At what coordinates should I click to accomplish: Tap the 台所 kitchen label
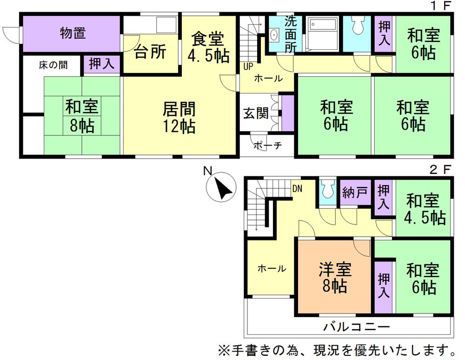pyautogui.click(x=150, y=52)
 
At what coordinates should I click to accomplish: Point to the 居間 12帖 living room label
pyautogui.click(x=179, y=117)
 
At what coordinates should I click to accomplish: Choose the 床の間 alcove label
pyautogui.click(x=53, y=65)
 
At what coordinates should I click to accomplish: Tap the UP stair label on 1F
pyautogui.click(x=247, y=66)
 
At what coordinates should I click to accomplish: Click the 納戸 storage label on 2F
pyautogui.click(x=354, y=192)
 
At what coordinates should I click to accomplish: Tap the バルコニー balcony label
pyautogui.click(x=357, y=326)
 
